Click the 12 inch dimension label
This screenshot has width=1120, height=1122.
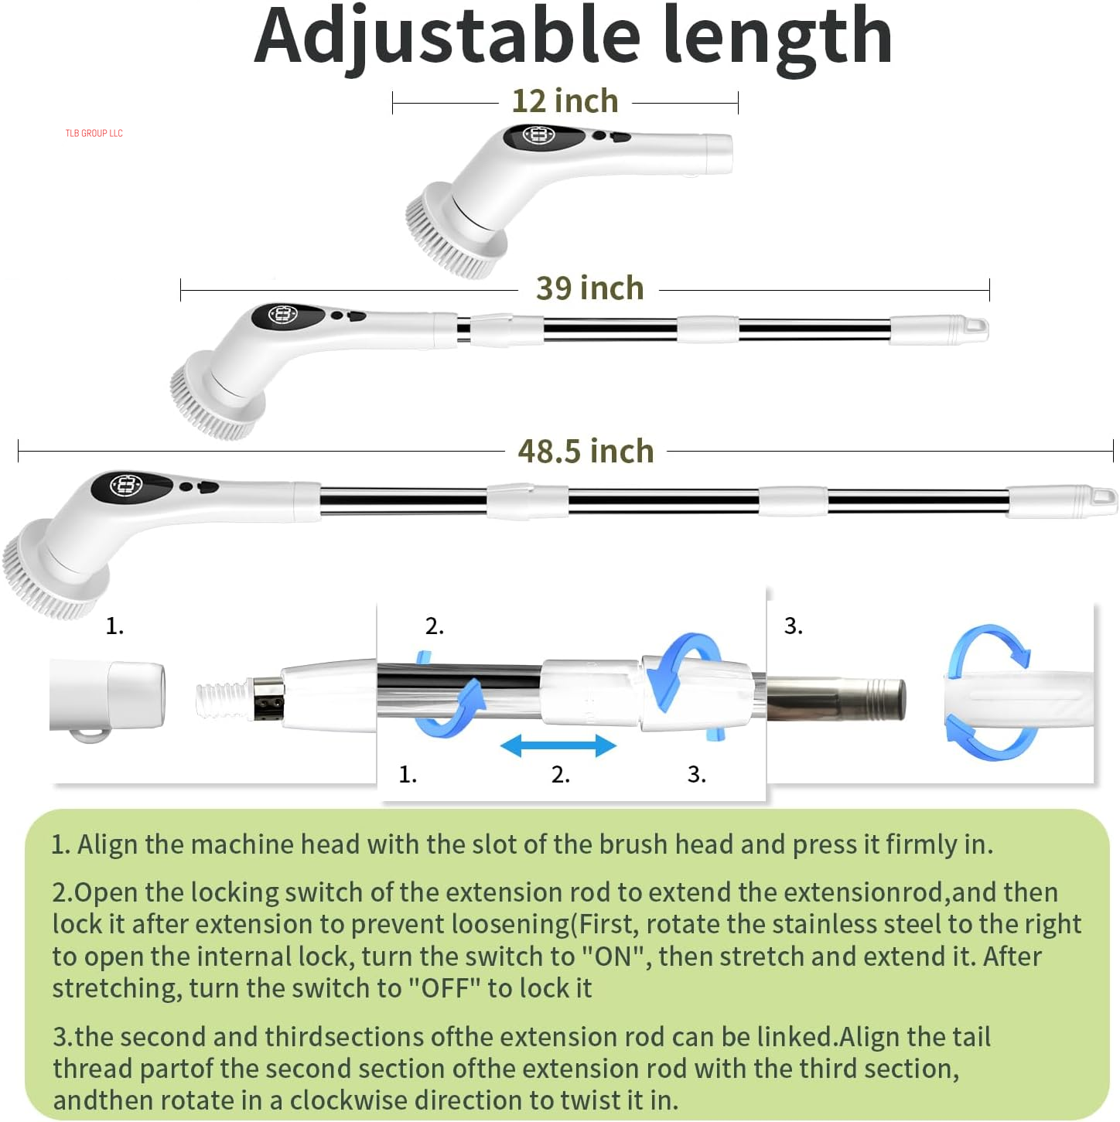tap(565, 101)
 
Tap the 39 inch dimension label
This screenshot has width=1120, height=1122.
tap(589, 288)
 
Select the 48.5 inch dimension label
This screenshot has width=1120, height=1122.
tap(586, 452)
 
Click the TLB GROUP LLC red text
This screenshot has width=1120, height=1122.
tap(94, 134)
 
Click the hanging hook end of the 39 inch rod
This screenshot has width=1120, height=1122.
tap(976, 328)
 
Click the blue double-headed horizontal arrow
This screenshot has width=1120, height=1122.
tap(558, 746)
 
